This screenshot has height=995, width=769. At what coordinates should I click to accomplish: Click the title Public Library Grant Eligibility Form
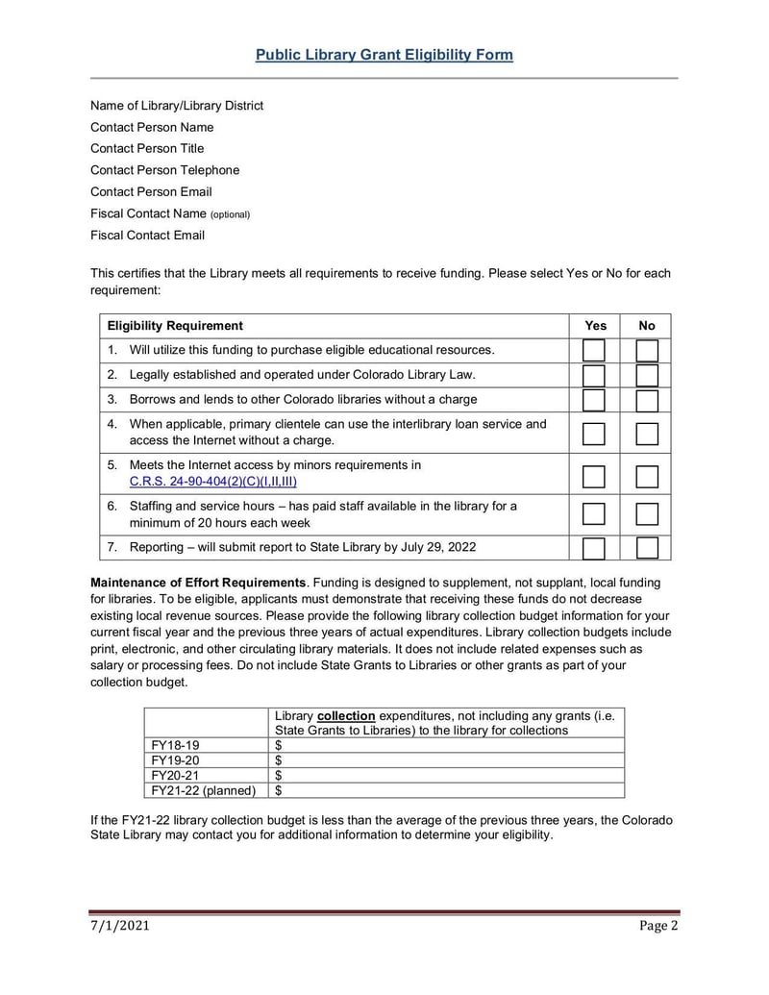pyautogui.click(x=384, y=55)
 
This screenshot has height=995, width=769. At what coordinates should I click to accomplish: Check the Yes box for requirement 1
pyautogui.click(x=594, y=351)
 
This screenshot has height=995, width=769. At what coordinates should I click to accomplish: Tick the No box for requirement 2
pyautogui.click(x=647, y=375)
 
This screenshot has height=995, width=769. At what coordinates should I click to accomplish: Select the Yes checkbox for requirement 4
pyautogui.click(x=594, y=433)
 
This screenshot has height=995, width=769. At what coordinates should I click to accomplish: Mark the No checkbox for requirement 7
pyautogui.click(x=647, y=548)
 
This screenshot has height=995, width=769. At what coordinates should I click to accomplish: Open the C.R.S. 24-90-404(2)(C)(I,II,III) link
pyautogui.click(x=212, y=482)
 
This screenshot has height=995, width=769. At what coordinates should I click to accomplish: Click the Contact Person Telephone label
pyautogui.click(x=164, y=170)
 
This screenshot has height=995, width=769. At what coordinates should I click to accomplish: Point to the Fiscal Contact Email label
pyautogui.click(x=147, y=235)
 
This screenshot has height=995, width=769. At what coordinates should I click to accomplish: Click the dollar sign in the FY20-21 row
pyautogui.click(x=279, y=775)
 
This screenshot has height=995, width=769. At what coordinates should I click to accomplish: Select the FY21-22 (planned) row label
pyautogui.click(x=204, y=790)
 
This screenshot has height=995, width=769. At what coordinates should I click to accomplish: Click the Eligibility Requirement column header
pyautogui.click(x=175, y=326)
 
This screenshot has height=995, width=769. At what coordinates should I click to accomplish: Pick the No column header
pyautogui.click(x=647, y=326)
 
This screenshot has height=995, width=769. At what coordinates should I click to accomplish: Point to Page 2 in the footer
pyautogui.click(x=659, y=927)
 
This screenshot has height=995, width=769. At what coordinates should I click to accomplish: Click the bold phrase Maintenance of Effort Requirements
pyautogui.click(x=198, y=583)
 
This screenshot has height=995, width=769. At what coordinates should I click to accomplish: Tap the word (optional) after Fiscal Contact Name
pyautogui.click(x=230, y=214)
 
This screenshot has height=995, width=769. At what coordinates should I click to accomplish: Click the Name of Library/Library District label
pyautogui.click(x=177, y=106)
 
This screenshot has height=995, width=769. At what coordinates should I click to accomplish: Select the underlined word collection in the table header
pyautogui.click(x=346, y=716)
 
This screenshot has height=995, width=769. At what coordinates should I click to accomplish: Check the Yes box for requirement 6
pyautogui.click(x=594, y=514)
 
